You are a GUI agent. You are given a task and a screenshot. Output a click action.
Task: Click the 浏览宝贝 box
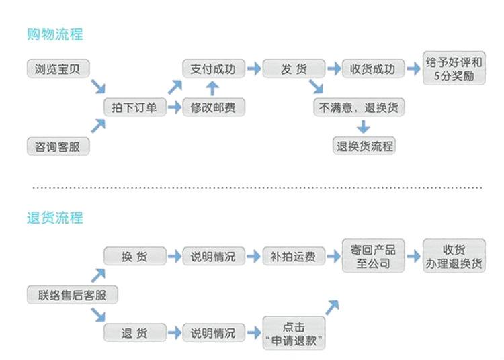[57, 69]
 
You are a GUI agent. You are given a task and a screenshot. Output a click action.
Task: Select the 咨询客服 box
[57, 146]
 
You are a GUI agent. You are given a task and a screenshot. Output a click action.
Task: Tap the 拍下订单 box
[134, 107]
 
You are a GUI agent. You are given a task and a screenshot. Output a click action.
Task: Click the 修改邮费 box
[213, 107]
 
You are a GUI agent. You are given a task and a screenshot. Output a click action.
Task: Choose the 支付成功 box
[213, 69]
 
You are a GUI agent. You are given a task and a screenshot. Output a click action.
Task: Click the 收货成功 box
[373, 69]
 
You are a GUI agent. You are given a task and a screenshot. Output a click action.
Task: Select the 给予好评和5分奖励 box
[454, 69]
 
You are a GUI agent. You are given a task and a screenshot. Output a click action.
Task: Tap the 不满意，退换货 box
[362, 107]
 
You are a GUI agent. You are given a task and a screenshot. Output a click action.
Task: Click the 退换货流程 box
[364, 145]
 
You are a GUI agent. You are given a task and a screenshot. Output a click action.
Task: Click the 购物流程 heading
[54, 34]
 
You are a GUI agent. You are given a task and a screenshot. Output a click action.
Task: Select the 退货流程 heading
[54, 218]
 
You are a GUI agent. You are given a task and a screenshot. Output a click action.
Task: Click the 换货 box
[134, 256]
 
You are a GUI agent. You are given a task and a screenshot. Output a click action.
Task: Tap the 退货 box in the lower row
[134, 333]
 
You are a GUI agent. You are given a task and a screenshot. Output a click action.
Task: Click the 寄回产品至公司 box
[373, 256]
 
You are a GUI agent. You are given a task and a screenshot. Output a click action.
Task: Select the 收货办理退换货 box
[454, 256]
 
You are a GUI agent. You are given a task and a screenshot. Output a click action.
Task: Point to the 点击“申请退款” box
[293, 333]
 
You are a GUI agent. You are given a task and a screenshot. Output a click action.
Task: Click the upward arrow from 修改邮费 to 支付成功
[212, 89]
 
